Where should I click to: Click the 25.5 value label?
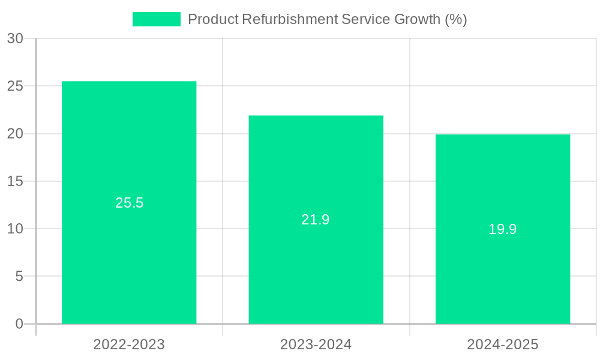(130, 203)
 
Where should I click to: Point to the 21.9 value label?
(316, 220)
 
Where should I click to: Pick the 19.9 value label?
(503, 229)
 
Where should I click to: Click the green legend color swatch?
(156, 19)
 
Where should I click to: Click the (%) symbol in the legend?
(456, 19)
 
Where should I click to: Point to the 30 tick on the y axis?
(15, 38)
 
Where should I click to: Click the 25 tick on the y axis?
(15, 86)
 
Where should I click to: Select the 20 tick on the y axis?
(15, 134)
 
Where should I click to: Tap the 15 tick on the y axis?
(15, 181)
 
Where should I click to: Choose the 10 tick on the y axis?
(15, 229)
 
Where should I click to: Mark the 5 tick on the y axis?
(19, 277)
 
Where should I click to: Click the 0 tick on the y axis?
(19, 324)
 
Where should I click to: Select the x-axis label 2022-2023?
(129, 344)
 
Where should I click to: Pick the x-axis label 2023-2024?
(316, 344)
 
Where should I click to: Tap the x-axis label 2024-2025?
(503, 344)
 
